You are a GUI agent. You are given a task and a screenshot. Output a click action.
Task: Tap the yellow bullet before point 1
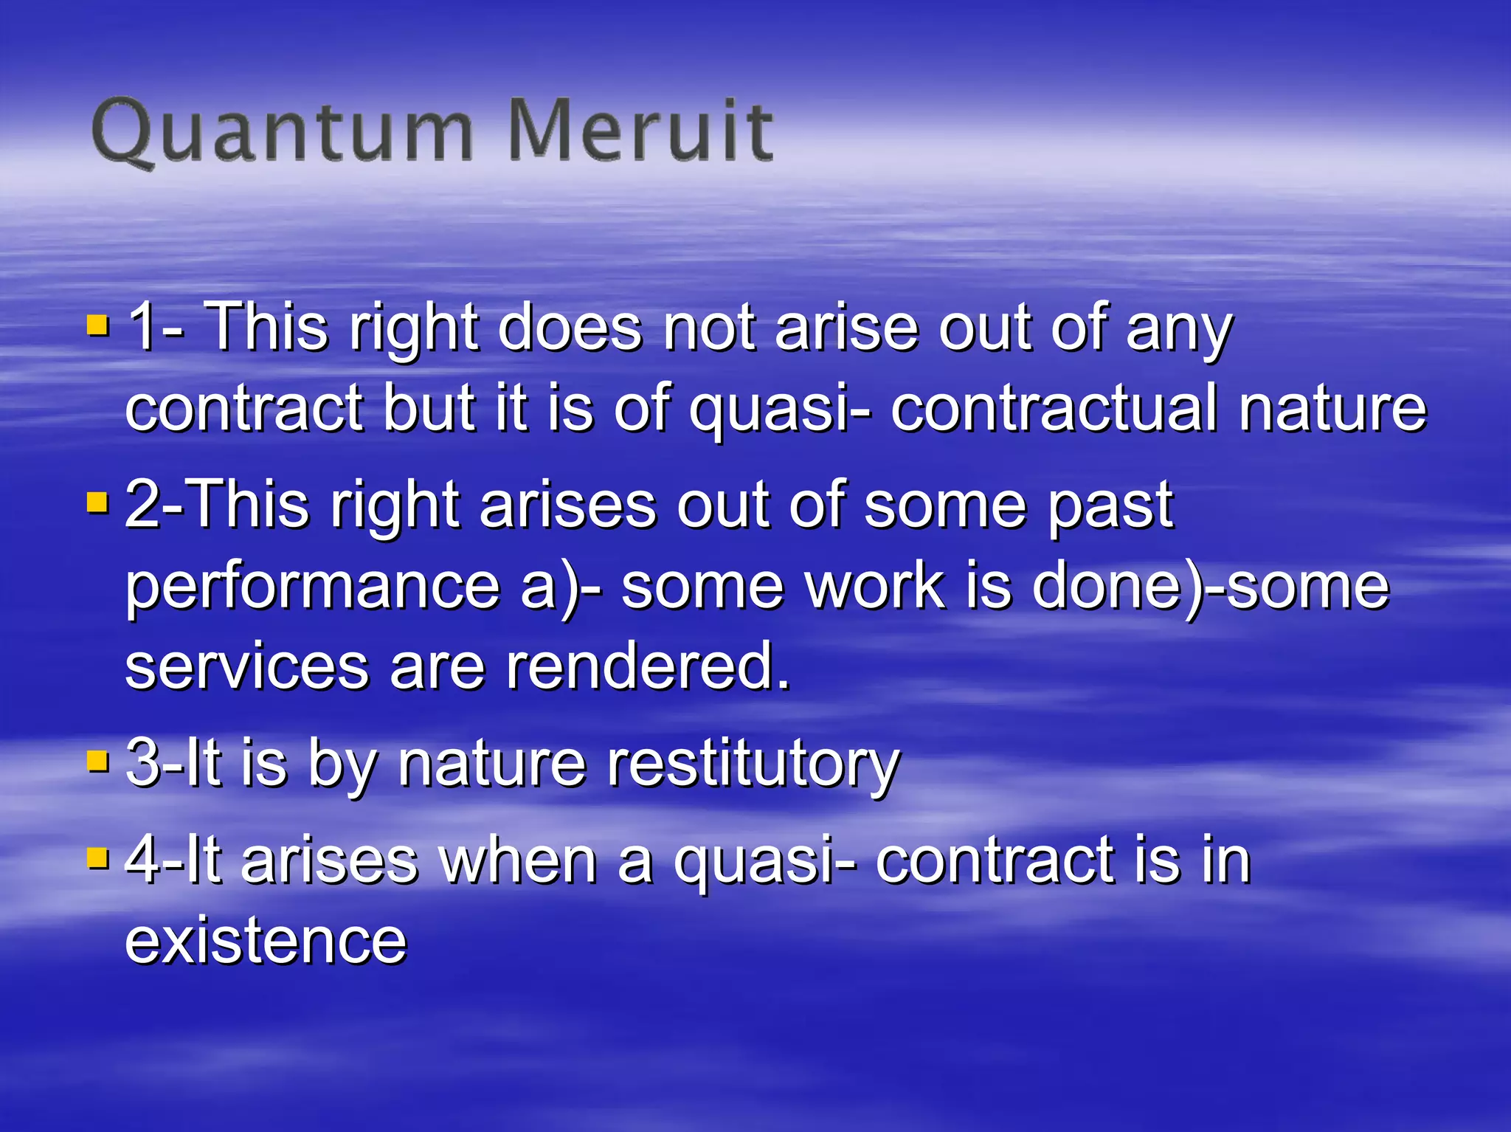click(97, 325)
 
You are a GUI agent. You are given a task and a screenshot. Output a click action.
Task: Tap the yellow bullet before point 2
click(97, 503)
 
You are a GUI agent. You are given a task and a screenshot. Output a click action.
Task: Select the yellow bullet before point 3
click(97, 760)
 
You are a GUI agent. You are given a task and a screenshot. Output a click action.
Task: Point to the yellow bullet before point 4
click(97, 857)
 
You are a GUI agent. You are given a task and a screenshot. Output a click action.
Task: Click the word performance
click(313, 587)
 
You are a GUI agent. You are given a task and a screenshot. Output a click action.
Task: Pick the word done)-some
click(1210, 587)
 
